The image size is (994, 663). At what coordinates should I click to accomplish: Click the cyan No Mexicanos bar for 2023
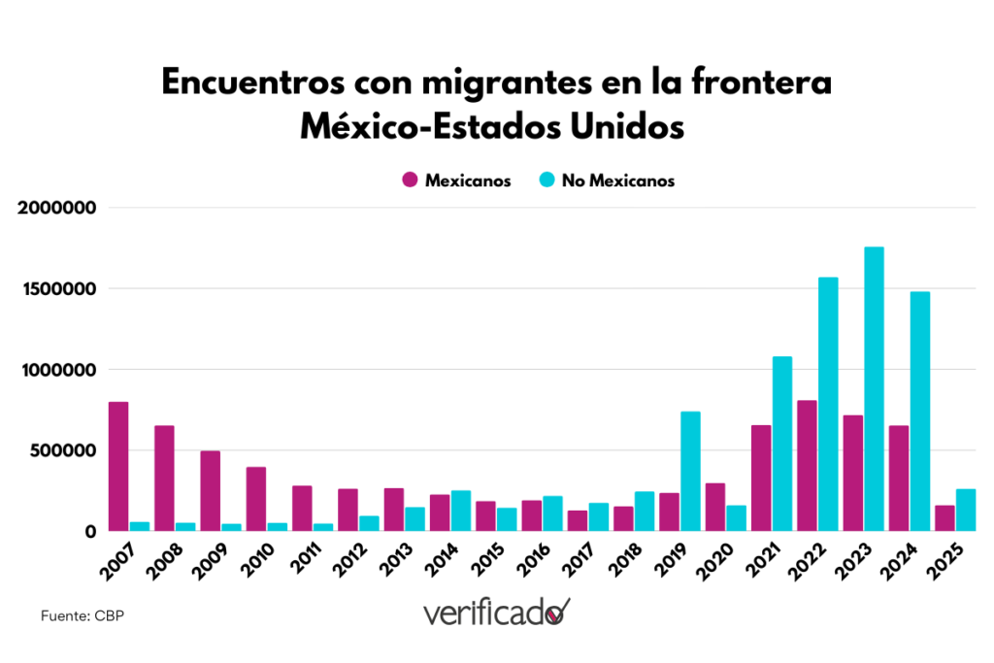(874, 389)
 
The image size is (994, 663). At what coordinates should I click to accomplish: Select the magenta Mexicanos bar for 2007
(118, 466)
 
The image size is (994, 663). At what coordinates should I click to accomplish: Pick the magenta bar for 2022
(807, 465)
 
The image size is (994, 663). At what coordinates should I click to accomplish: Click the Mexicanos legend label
(468, 180)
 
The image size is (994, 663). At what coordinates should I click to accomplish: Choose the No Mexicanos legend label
(617, 180)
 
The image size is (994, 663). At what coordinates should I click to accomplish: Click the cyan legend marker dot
(547, 180)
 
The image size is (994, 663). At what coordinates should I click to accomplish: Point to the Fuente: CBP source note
(83, 616)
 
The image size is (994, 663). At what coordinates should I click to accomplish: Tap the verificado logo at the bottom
(496, 613)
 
